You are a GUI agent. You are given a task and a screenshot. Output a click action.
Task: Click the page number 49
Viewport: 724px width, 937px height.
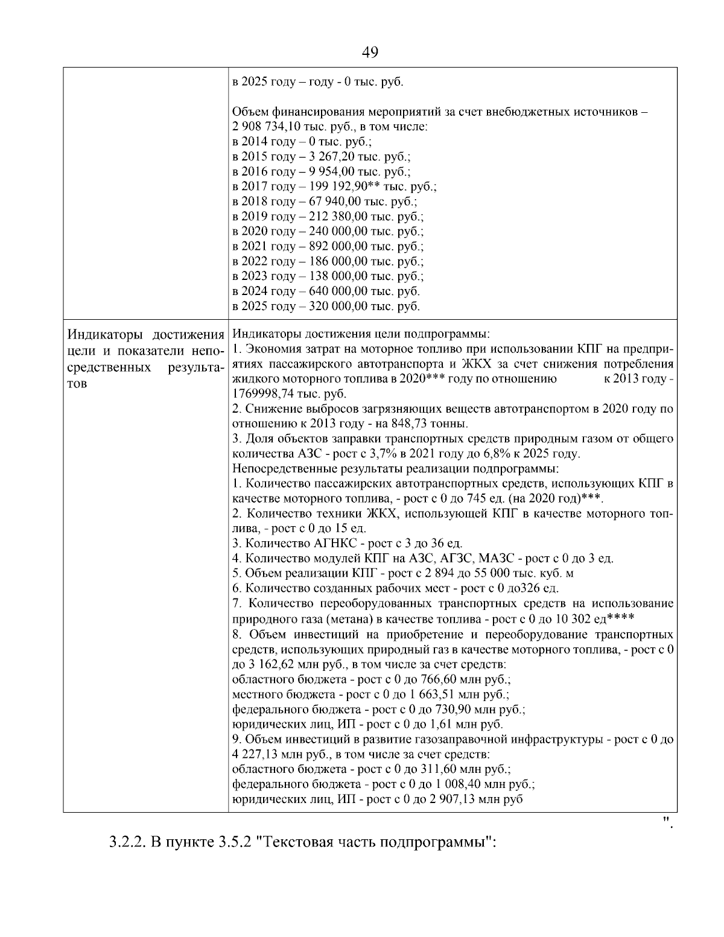[370, 52]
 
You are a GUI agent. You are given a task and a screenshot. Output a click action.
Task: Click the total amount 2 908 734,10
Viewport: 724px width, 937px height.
[267, 127]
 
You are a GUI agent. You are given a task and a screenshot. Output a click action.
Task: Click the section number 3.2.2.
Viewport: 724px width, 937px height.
[127, 842]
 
